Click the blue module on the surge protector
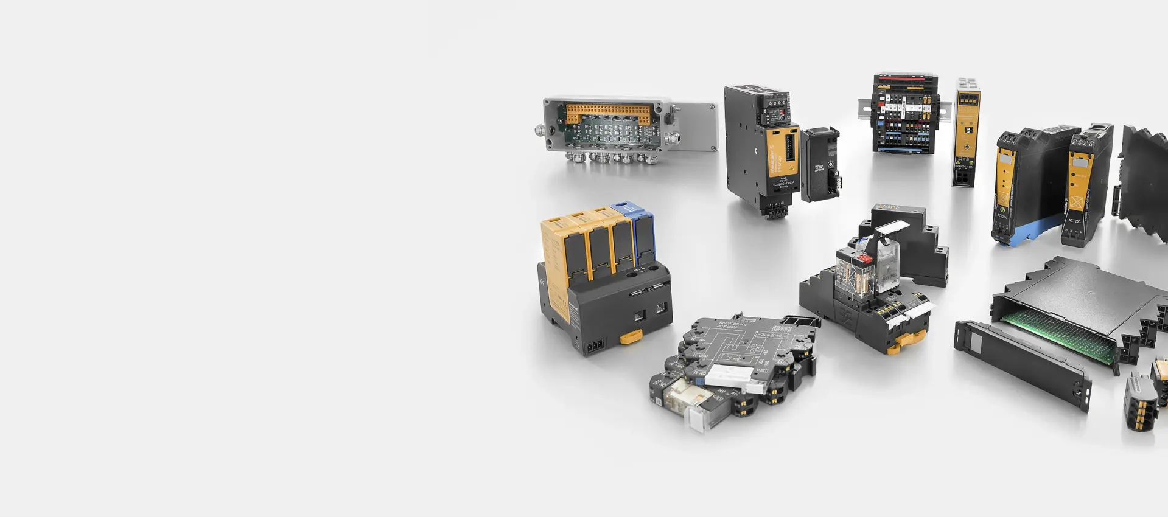coord(643,234)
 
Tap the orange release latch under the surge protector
coord(631,336)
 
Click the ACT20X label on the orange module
coord(1002,216)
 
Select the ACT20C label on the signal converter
coord(1074,221)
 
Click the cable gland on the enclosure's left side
coord(540,130)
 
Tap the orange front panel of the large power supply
coord(782,156)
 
